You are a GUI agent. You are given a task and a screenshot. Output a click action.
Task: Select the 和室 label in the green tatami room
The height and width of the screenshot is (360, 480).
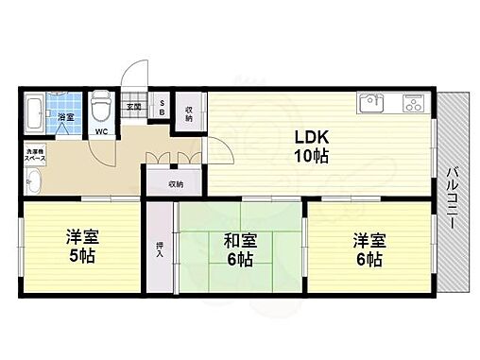coord(236,242)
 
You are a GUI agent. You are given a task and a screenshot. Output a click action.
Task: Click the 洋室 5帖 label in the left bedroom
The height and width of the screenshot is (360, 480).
coord(80,246)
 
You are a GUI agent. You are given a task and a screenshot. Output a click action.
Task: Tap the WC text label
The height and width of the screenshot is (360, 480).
coord(100,130)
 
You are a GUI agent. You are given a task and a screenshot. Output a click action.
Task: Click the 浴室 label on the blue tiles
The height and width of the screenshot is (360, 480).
coord(66,116)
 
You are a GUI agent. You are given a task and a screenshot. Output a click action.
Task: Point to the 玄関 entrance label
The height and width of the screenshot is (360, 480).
coord(135,107)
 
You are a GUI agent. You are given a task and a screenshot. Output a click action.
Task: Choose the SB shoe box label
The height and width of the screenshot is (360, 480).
coord(163,108)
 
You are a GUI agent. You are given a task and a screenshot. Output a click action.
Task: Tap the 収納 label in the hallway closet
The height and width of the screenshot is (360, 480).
coord(176,183)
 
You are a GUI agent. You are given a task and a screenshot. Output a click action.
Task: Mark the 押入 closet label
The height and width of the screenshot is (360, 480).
coord(160,249)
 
